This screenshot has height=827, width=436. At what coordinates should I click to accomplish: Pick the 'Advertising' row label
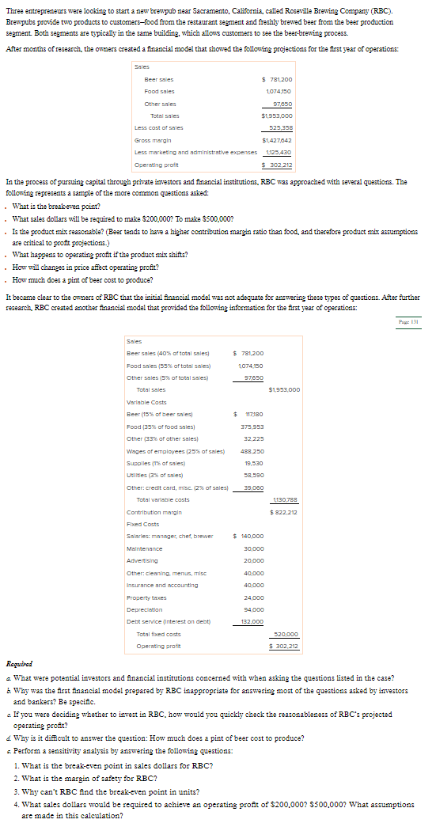[x=140, y=561]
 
